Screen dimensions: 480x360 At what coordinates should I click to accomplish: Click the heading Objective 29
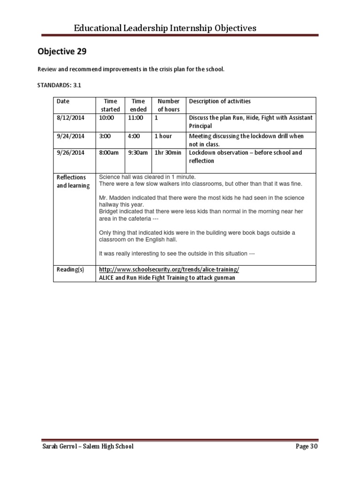coord(62,52)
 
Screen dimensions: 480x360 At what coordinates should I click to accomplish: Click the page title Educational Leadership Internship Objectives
coord(165,28)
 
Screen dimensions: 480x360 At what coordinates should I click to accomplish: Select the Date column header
coord(63,101)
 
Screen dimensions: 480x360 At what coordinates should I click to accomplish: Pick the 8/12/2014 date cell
coord(70,118)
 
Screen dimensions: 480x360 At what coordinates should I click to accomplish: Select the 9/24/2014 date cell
coord(70,136)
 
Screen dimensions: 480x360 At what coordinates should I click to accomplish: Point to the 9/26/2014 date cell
coord(70,153)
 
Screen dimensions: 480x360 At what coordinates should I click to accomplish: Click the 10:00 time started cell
coord(106,118)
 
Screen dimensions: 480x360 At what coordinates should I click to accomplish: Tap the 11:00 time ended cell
coord(135,118)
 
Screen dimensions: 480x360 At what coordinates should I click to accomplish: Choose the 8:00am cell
coord(109,153)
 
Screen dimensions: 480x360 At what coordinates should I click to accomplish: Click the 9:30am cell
coord(138,153)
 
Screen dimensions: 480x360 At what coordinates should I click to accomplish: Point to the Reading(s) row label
coord(70,270)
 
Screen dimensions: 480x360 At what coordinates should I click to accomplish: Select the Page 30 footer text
coord(307,447)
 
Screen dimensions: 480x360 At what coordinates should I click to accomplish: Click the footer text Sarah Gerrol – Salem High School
coord(88,447)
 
